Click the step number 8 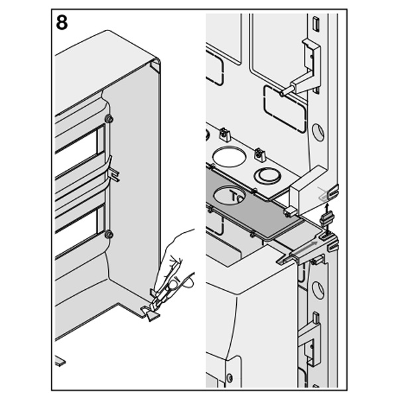point(62,23)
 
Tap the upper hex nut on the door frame point(109,119)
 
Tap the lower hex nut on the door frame point(109,234)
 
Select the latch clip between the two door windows point(113,175)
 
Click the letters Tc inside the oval point(236,196)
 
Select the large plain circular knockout point(230,157)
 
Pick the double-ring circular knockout point(267,175)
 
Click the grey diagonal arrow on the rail point(306,247)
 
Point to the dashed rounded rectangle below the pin point(285,109)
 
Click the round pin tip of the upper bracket point(282,94)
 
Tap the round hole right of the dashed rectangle point(318,132)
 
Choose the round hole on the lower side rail point(318,290)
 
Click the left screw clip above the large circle point(225,135)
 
